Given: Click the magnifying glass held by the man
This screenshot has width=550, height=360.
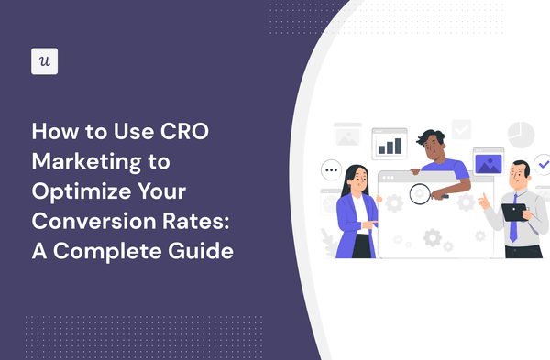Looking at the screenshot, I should [420, 193].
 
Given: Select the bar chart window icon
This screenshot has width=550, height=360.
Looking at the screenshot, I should [390, 144].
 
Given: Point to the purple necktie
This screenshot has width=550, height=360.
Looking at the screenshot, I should [513, 221].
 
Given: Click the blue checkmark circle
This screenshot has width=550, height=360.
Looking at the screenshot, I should [543, 164].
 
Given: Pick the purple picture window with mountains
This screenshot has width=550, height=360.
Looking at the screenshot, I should [486, 165].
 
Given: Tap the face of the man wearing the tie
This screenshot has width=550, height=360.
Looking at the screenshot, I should [519, 174].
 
